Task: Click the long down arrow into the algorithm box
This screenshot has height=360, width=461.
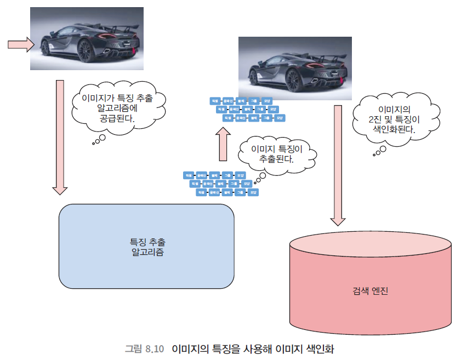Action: tap(60, 137)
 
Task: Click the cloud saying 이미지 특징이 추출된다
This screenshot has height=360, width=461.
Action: tap(277, 153)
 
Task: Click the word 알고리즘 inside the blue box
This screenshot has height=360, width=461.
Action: tap(147, 253)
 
